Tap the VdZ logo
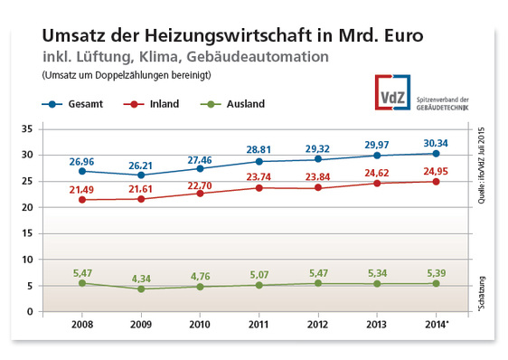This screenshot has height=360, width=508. point(394,91)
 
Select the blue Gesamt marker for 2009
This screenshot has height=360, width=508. point(140,175)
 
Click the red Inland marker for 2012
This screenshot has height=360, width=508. point(317,187)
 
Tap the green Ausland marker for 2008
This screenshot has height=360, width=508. point(82,283)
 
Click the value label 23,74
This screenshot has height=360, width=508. point(259,176)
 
